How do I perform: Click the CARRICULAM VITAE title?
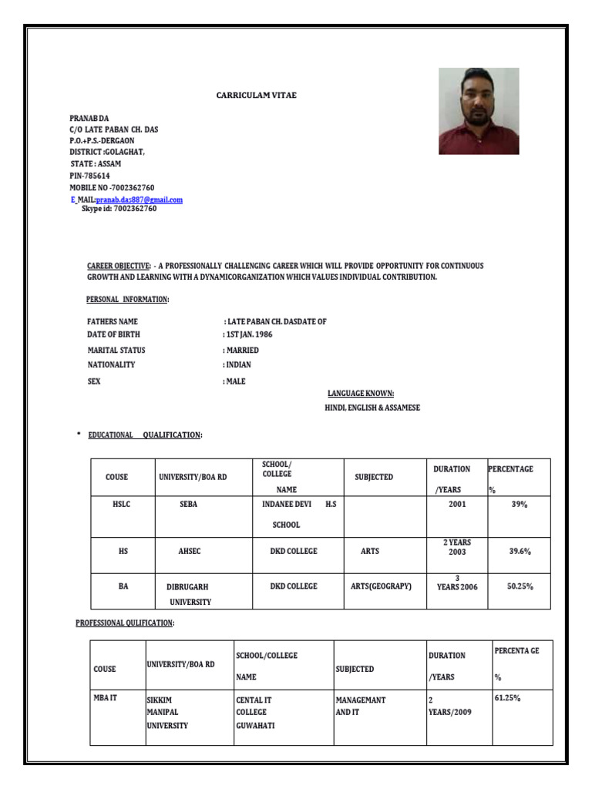click(x=254, y=95)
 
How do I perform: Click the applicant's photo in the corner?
click(x=479, y=111)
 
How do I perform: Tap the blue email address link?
click(x=140, y=200)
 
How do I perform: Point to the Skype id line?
click(x=119, y=209)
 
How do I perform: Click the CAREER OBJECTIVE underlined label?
click(x=119, y=266)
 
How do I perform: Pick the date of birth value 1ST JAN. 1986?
click(x=248, y=335)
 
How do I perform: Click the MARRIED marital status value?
click(x=242, y=351)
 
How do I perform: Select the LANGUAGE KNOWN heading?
click(x=362, y=394)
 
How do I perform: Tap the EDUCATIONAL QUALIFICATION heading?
click(x=145, y=435)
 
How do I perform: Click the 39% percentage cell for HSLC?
click(x=518, y=504)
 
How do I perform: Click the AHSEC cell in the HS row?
click(x=190, y=552)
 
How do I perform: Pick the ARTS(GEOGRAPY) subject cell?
click(x=381, y=586)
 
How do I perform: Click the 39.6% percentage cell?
click(x=519, y=552)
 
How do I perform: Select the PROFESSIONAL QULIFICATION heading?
click(x=124, y=622)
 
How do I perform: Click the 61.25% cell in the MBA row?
click(x=507, y=698)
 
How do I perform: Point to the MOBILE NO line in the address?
click(x=112, y=188)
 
